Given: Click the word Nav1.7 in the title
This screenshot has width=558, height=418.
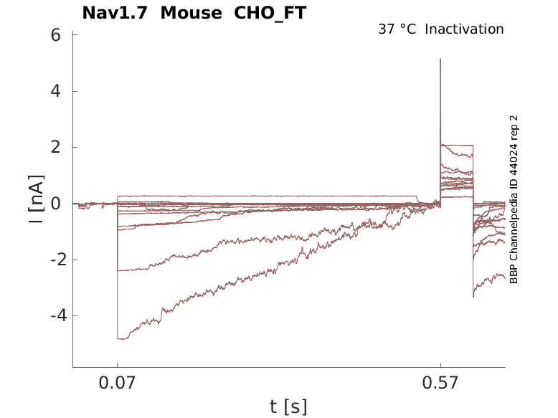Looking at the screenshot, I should click(x=115, y=13).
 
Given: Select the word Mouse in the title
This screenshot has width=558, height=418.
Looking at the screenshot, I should click(x=191, y=13).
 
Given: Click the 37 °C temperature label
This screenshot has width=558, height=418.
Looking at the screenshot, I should click(x=397, y=29).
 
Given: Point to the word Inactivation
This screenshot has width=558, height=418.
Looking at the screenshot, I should click(x=464, y=29).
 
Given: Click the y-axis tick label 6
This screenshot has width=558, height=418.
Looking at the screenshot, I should click(x=55, y=35).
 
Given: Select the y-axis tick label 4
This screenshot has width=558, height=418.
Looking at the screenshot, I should click(x=55, y=91).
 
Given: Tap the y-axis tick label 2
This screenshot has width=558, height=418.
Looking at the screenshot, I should click(x=55, y=147).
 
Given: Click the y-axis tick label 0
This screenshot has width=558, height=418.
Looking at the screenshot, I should click(x=55, y=203).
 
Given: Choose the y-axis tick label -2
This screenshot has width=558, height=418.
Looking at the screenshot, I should click(x=51, y=260).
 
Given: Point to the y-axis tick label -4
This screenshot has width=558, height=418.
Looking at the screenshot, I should click(x=51, y=315).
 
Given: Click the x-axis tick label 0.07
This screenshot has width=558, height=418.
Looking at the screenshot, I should click(x=117, y=384).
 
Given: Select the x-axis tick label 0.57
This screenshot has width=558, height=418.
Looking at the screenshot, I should click(x=440, y=384).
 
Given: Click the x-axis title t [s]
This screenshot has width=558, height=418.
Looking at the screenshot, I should click(x=288, y=407).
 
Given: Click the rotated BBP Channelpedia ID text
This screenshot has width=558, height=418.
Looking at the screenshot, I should click(x=514, y=199).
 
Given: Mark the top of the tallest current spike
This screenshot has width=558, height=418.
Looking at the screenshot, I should click(x=440, y=60).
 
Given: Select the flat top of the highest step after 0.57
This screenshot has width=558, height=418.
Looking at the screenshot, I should click(x=456, y=146).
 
